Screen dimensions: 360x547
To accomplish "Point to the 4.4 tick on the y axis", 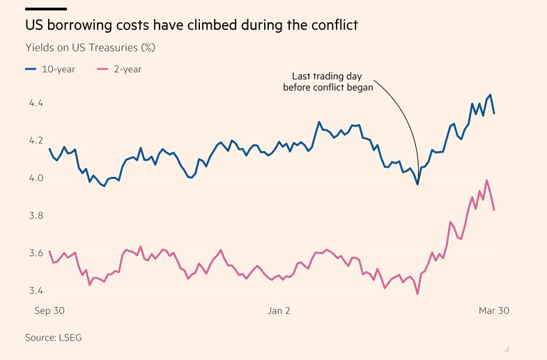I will (x=36, y=103).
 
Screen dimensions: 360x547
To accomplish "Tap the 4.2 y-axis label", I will (x=36, y=141).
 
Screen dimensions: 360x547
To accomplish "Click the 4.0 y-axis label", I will (x=36, y=178).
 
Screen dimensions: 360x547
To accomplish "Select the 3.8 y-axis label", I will (x=36, y=216).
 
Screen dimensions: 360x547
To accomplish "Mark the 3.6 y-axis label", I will (x=36, y=253).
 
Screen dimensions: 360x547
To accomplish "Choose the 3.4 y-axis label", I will (x=36, y=291).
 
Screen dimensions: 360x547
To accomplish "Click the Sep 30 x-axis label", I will (x=49, y=311).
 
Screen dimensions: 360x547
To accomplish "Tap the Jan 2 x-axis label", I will (x=279, y=311).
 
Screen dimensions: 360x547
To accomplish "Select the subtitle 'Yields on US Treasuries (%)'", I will (x=90, y=48).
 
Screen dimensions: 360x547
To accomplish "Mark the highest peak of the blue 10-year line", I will (x=491, y=95).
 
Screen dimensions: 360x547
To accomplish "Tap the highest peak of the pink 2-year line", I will (x=487, y=180).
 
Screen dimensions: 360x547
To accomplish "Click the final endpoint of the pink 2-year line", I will (x=494, y=210).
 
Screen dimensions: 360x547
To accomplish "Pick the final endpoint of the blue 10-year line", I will (x=494, y=114).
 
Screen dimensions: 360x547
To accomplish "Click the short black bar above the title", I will (x=46, y=9).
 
